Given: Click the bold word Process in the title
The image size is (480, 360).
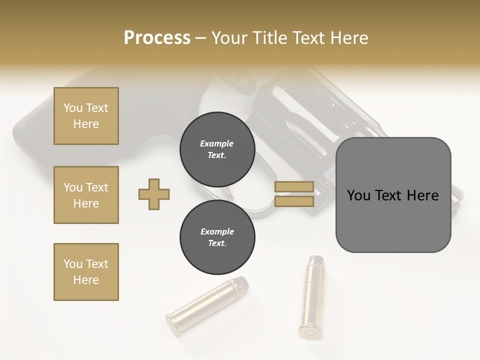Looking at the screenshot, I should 157,38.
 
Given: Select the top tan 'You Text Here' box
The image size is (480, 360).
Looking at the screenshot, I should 86,116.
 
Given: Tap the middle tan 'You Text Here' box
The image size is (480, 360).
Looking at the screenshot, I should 86,195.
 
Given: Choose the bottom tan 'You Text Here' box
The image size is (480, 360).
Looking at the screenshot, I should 86,272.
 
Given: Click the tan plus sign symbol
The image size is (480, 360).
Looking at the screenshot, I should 154,194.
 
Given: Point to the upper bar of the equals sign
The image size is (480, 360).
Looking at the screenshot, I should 294,187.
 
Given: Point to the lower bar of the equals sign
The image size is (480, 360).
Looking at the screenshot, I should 294,201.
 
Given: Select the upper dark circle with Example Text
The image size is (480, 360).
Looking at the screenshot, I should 217,149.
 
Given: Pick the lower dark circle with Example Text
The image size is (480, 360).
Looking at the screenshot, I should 217,237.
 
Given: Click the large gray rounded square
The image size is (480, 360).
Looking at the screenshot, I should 393,195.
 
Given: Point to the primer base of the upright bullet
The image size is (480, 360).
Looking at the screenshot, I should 310,331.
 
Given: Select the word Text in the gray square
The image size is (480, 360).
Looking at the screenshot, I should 389,195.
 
